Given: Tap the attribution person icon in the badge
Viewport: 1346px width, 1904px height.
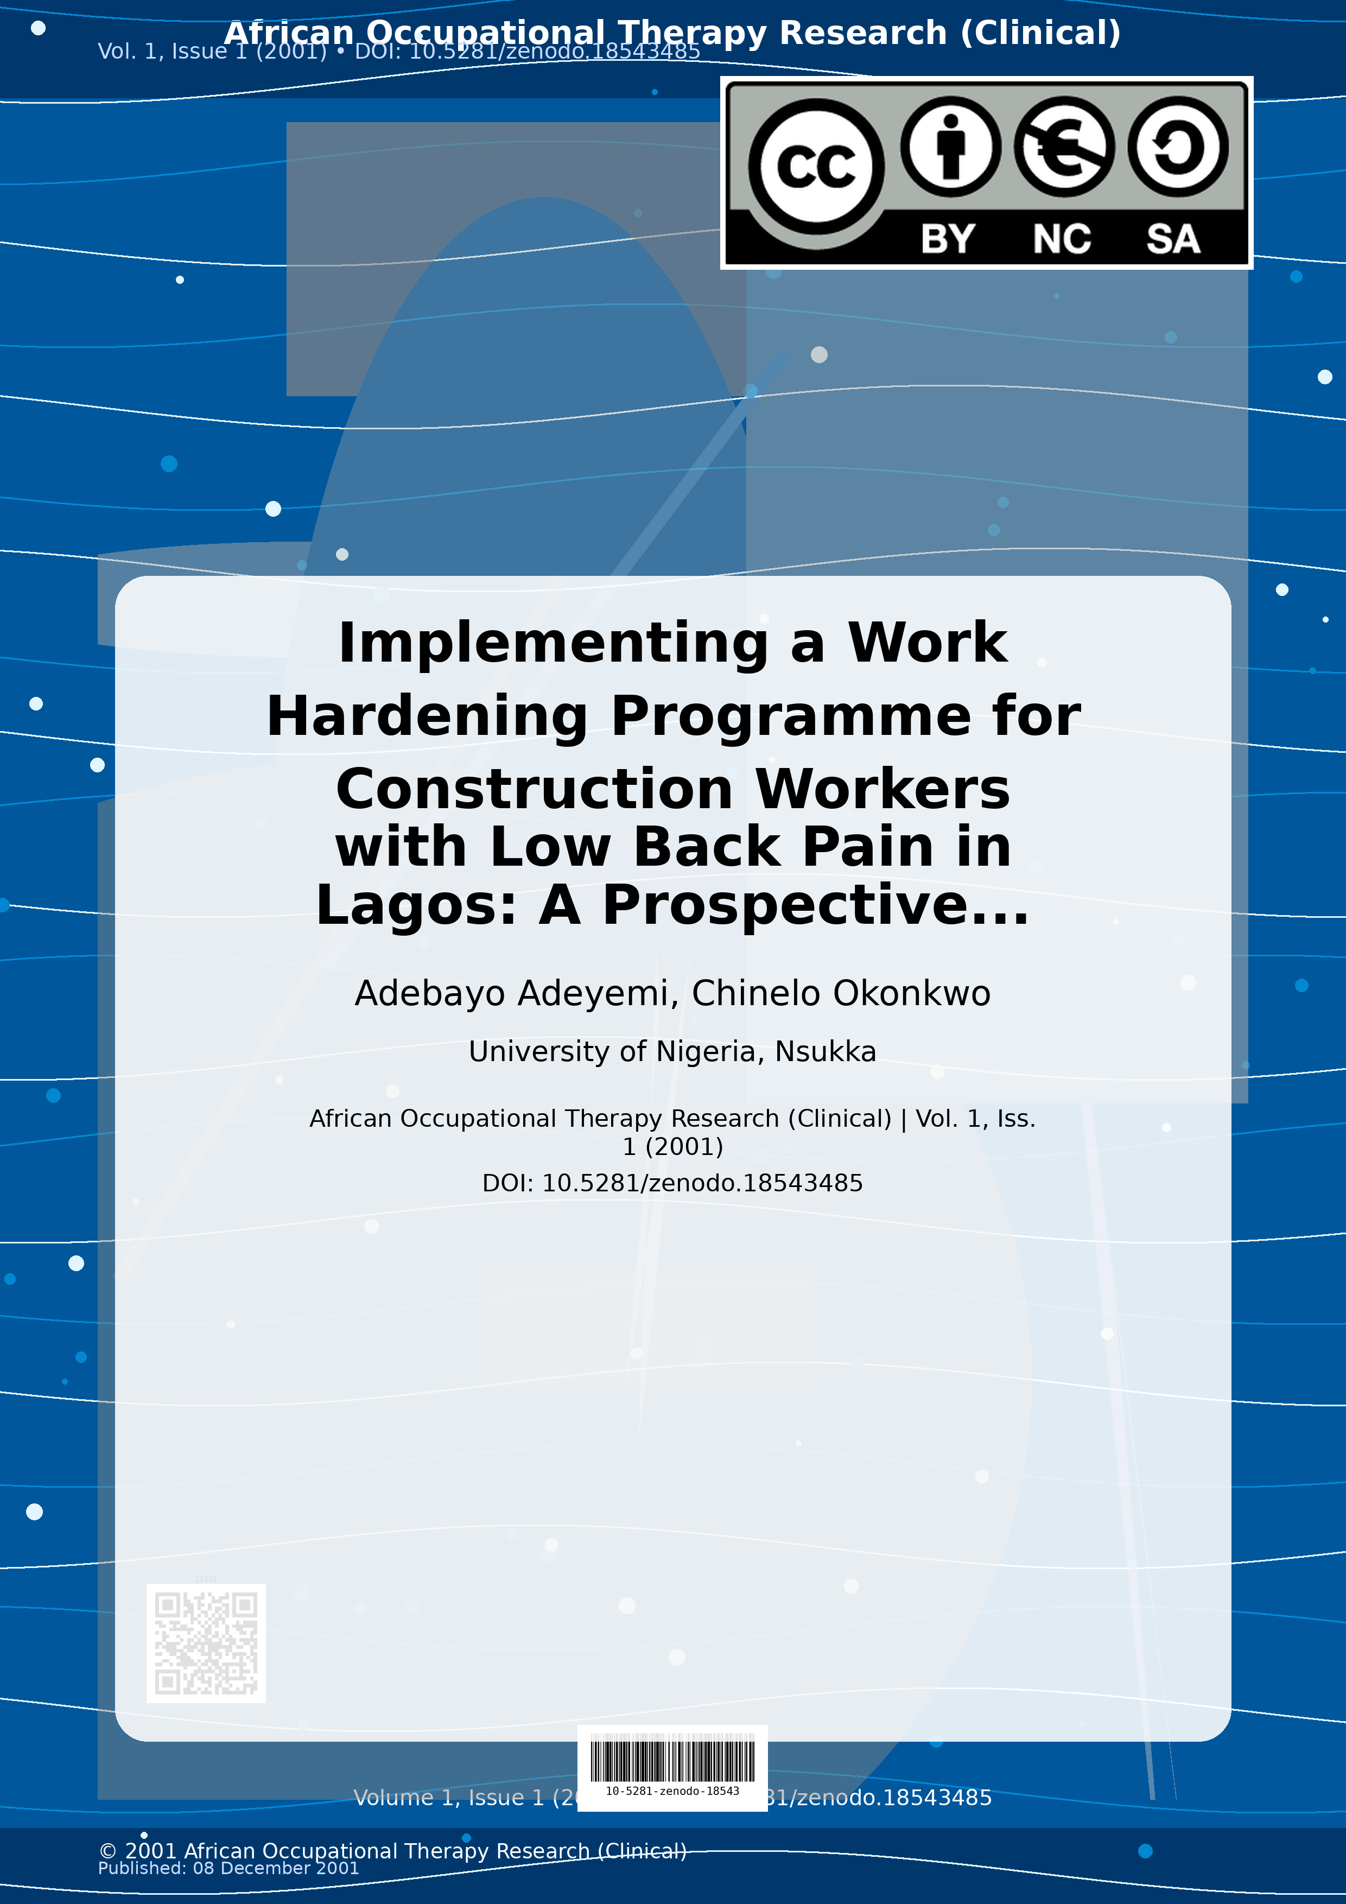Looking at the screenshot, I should (950, 146).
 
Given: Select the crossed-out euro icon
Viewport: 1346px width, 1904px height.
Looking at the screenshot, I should (1064, 147).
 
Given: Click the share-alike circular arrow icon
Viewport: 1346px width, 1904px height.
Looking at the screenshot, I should (1178, 147).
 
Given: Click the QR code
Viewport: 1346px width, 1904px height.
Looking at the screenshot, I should (206, 1643).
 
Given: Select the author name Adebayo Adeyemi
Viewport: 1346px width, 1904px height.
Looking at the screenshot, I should (511, 993).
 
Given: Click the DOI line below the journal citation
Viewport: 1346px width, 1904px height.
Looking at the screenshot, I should (672, 1183).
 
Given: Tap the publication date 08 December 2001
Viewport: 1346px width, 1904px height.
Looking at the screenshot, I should (276, 1868).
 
